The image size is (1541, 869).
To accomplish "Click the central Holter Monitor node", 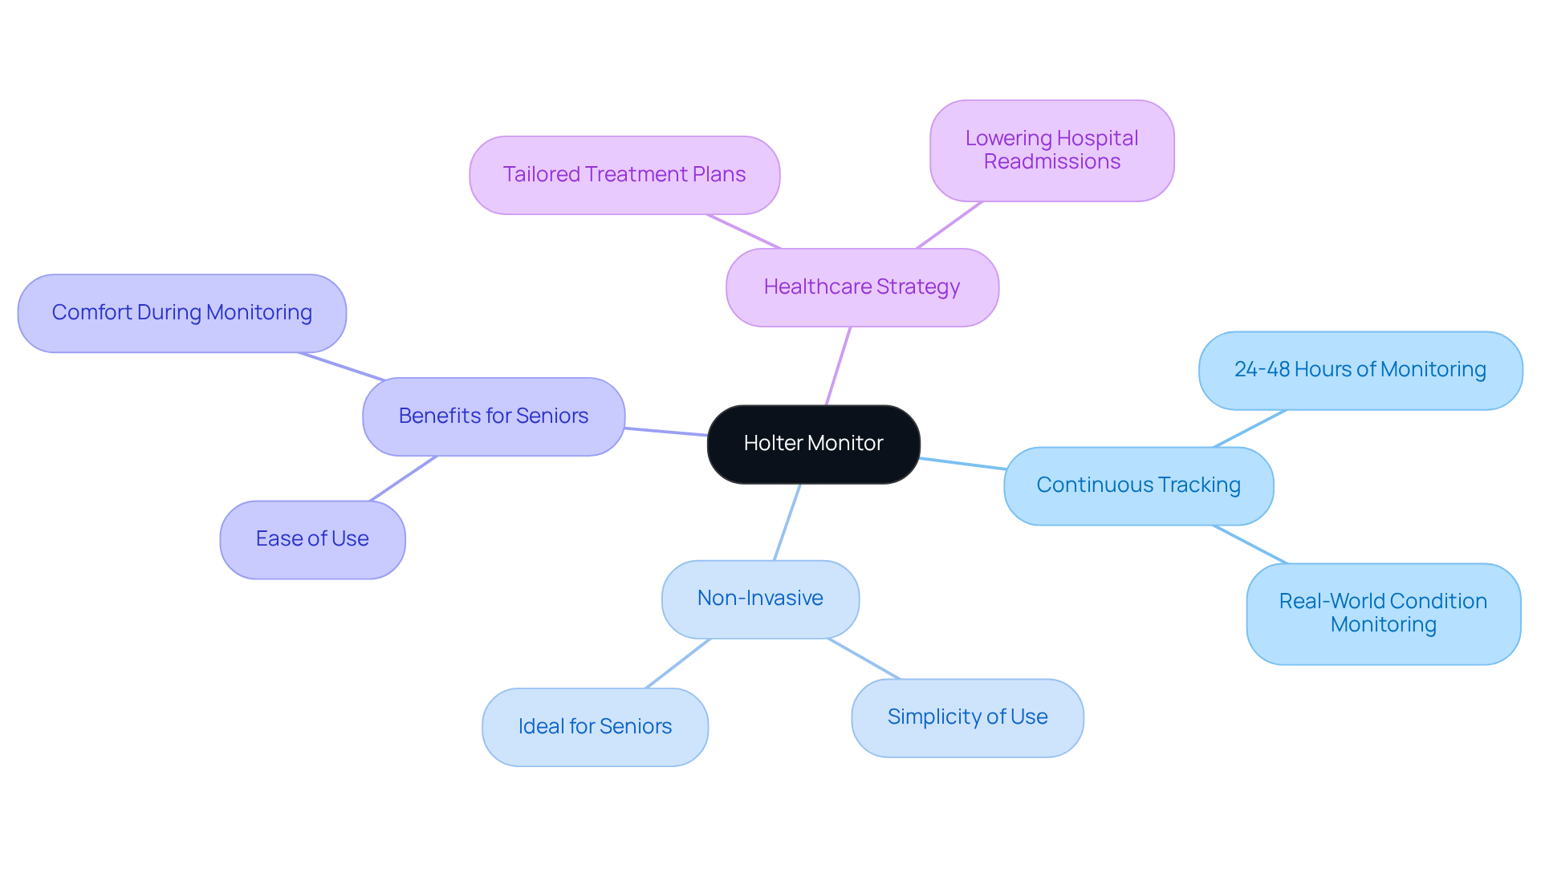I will point(813,444).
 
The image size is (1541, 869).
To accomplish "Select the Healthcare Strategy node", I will point(862,287).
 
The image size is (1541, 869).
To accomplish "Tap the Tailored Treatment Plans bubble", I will point(624,175).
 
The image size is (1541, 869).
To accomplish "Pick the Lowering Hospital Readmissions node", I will point(1051,150).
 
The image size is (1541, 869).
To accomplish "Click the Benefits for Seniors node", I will point(494,416).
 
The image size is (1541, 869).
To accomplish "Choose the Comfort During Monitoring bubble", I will point(182,313).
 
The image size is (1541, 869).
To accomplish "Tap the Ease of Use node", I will point(312,539).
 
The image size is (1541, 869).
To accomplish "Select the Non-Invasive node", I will point(760,599).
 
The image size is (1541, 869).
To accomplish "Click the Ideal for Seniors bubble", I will point(595,727).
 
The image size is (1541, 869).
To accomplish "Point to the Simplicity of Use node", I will point(967,717).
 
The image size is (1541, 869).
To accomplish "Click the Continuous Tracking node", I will point(1138,485).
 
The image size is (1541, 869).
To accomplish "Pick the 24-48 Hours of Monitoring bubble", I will point(1360,370).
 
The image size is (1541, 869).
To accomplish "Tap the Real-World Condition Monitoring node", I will point(1383,613).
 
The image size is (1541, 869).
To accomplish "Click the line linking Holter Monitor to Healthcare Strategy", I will point(838,366).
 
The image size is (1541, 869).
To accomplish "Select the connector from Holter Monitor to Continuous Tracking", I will point(962,463).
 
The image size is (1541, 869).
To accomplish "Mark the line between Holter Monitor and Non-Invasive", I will point(787,522).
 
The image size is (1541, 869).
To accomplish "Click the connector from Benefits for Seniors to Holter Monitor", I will point(665,432).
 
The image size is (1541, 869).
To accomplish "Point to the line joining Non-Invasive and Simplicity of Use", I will point(864,659).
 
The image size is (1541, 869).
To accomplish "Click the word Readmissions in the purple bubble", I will point(1051,162).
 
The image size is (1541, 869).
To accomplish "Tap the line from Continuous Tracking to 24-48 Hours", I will point(1250,428).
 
